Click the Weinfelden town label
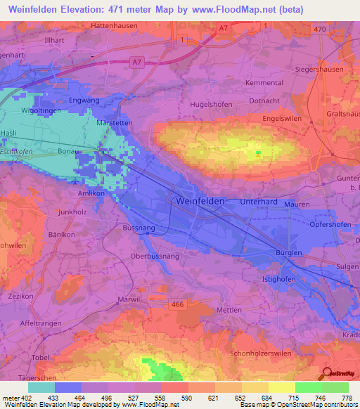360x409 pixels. (x=198, y=201)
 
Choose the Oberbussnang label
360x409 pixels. (x=155, y=257)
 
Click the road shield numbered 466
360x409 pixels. (x=177, y=304)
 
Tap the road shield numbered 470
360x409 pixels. (x=321, y=29)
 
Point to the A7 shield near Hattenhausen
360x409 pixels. (x=221, y=27)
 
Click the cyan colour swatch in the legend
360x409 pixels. (x=41, y=387)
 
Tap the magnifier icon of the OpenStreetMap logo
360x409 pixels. (x=327, y=372)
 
